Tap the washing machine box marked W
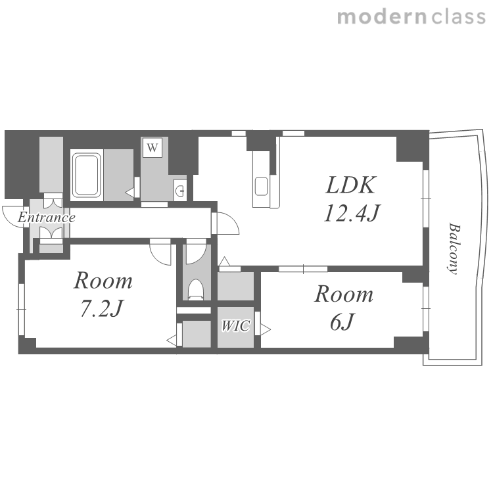[153, 147]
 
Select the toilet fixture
[196, 289]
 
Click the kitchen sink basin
[261, 187]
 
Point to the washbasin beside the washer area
[180, 190]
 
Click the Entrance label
[47, 218]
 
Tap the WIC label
[235, 326]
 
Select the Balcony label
[454, 248]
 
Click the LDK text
[351, 185]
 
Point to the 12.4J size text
[352, 213]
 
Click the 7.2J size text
[101, 308]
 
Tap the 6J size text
[342, 321]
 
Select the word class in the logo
[458, 17]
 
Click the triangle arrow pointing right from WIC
[266, 330]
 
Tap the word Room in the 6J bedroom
[344, 294]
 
